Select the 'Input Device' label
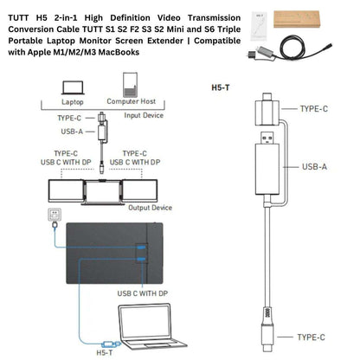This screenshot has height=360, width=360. (144, 114)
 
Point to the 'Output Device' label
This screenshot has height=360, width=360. (149, 208)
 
